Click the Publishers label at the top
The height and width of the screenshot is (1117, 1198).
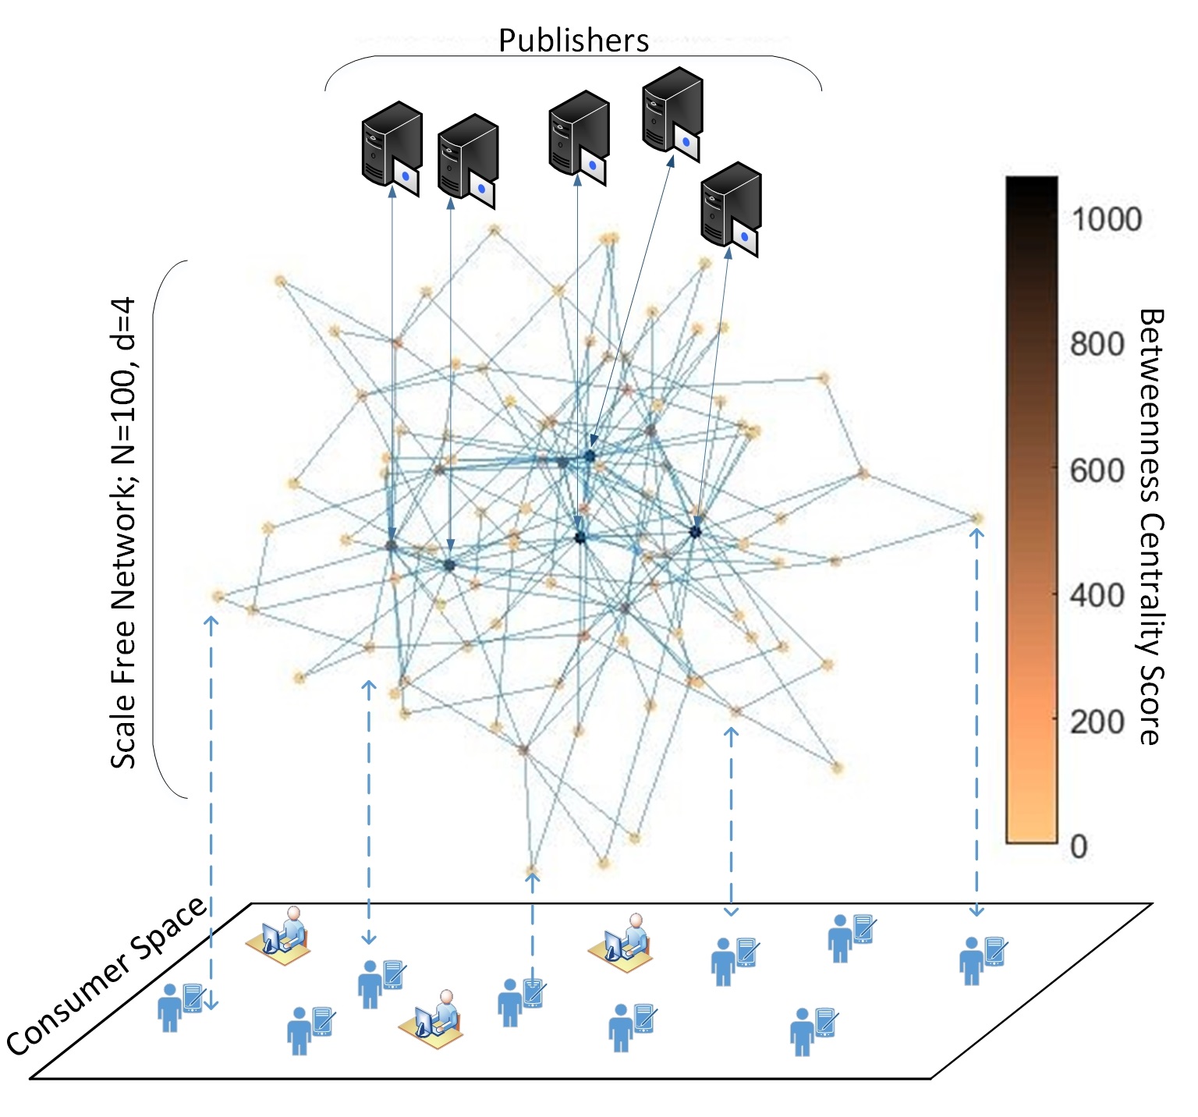(573, 41)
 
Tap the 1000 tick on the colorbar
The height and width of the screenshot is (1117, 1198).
(1106, 219)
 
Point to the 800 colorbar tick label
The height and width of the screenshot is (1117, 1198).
(1097, 344)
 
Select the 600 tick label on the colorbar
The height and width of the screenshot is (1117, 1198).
(1097, 470)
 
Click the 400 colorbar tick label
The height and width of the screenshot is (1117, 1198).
(1097, 596)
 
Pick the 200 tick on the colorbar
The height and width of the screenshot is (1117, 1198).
(1097, 722)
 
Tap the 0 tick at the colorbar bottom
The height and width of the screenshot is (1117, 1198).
(1079, 846)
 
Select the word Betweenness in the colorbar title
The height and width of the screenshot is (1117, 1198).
(1150, 406)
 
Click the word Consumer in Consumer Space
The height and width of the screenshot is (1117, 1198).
(74, 1006)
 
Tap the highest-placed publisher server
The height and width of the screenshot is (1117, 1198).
(672, 114)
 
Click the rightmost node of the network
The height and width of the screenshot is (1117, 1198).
(977, 518)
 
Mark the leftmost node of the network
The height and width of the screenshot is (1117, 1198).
(218, 597)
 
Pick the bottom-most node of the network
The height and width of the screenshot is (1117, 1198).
(532, 869)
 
